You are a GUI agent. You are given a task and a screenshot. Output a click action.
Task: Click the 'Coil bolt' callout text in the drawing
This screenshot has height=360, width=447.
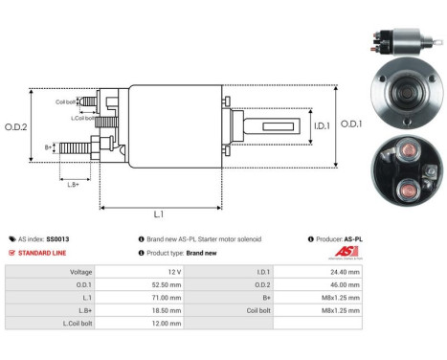65,101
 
